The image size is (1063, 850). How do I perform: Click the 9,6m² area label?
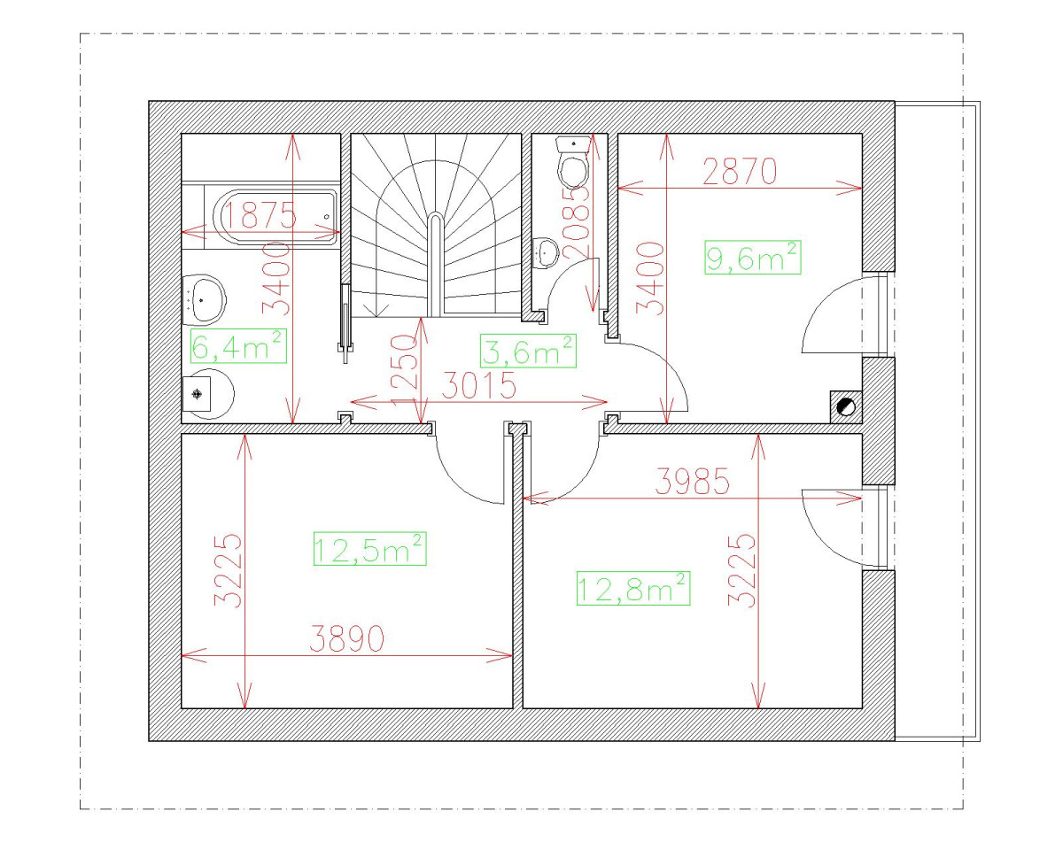tap(752, 258)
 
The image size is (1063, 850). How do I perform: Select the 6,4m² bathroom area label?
tap(238, 345)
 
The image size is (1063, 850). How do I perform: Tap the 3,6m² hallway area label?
tap(528, 352)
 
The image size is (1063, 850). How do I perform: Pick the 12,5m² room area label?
tap(370, 548)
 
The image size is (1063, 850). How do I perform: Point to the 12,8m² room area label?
tap(633, 588)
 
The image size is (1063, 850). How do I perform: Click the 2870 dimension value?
tap(740, 172)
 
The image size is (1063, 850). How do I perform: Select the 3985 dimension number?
tap(693, 482)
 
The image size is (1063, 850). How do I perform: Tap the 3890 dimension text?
tap(346, 638)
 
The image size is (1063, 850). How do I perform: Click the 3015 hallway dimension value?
tap(478, 385)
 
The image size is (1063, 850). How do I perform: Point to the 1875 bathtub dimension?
tap(260, 215)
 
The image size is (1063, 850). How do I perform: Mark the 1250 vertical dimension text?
tap(405, 369)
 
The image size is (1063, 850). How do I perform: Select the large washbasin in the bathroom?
tap(204, 299)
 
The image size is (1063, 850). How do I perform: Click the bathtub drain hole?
tap(327, 217)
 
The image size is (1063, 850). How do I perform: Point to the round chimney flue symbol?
tap(846, 407)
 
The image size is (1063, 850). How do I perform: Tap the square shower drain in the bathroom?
tap(197, 394)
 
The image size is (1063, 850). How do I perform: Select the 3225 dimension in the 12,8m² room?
tap(742, 570)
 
